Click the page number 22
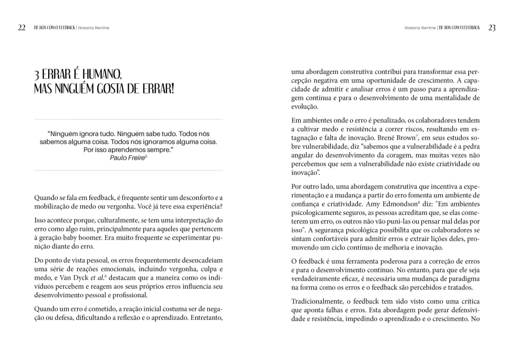[x=22, y=28]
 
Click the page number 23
[x=491, y=28]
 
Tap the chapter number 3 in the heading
[x=37, y=76]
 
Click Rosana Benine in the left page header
[x=94, y=28]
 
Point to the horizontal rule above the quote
[x=128, y=119]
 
